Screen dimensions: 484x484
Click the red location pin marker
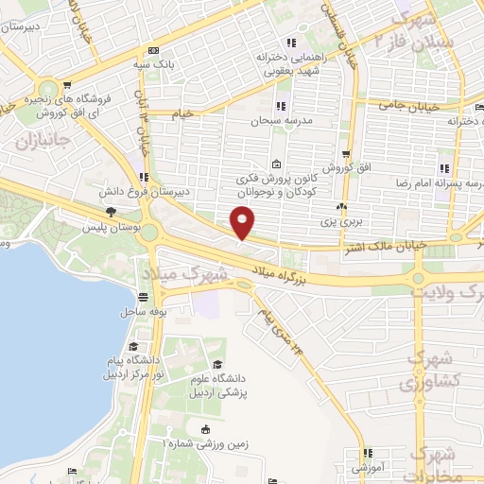(244, 223)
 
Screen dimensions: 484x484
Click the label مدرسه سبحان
(280, 121)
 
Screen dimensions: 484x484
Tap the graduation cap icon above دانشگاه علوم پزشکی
(218, 365)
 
